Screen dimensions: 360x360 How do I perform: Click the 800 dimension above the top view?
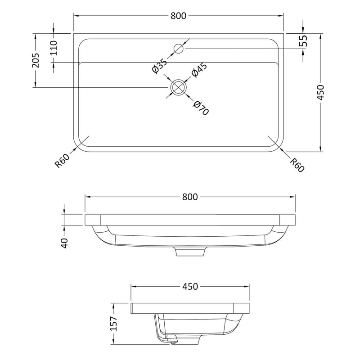pos(178,16)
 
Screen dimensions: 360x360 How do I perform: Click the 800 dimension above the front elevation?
pos(190,197)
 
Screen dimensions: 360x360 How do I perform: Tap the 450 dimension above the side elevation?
pos(190,286)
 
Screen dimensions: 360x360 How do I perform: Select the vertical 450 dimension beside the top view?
pos(320,93)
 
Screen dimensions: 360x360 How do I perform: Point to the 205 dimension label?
pos(36,60)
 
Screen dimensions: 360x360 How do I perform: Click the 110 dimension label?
pos(54,48)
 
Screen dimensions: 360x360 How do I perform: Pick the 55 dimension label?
pos(303,41)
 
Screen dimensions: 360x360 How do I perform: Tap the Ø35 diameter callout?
pos(160,66)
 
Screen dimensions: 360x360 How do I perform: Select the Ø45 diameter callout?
pos(199,70)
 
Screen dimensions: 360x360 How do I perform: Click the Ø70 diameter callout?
pos(201,108)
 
